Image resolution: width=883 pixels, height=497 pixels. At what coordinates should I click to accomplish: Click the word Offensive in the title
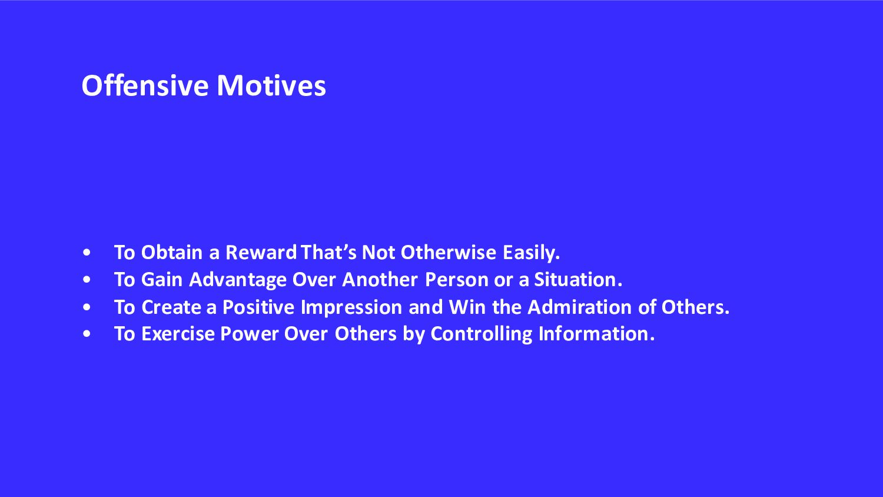click(145, 85)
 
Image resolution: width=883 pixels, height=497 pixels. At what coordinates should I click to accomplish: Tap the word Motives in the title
click(271, 85)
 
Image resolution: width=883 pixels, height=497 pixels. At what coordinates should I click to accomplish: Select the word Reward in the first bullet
click(261, 253)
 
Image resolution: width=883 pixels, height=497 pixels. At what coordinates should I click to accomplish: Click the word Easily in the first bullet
click(531, 253)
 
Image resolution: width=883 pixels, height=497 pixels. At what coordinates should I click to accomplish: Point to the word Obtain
click(172, 253)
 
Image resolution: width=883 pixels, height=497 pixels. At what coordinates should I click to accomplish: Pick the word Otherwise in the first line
click(448, 253)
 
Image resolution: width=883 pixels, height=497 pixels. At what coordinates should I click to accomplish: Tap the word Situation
click(578, 280)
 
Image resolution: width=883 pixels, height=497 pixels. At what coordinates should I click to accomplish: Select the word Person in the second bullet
click(457, 280)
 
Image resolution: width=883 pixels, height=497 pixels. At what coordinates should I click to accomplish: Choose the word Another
click(380, 280)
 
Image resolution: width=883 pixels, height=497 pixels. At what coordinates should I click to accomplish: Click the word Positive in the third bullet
click(258, 307)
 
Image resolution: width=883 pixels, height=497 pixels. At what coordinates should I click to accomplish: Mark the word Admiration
click(579, 307)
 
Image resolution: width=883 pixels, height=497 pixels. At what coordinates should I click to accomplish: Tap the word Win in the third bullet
click(467, 307)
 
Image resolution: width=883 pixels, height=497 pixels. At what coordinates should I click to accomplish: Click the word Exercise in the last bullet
click(178, 334)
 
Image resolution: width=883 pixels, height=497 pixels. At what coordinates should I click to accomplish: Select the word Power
click(249, 334)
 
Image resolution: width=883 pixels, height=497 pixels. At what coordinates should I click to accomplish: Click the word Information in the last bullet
click(596, 334)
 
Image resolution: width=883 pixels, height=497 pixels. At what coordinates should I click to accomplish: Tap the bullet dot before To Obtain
click(87, 253)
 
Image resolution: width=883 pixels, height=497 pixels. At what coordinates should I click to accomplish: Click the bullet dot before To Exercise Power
click(87, 334)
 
